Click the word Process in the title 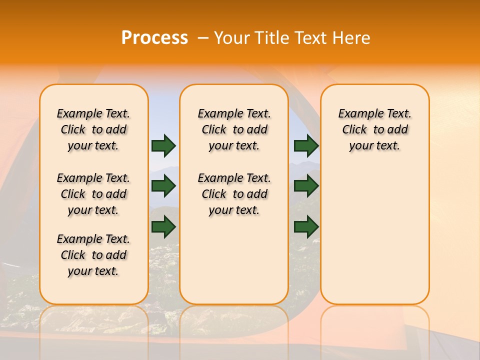(x=154, y=38)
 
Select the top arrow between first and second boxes (x=163, y=145)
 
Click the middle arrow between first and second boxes (x=163, y=186)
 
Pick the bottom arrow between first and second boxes (x=163, y=226)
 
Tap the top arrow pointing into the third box (x=306, y=145)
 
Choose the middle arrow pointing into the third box (x=306, y=186)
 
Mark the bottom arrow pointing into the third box (x=306, y=226)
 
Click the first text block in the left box (x=93, y=129)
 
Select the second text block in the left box (x=93, y=194)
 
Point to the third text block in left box (x=93, y=255)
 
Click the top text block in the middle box (x=234, y=129)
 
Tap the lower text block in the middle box (x=234, y=194)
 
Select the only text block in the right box (x=374, y=129)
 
